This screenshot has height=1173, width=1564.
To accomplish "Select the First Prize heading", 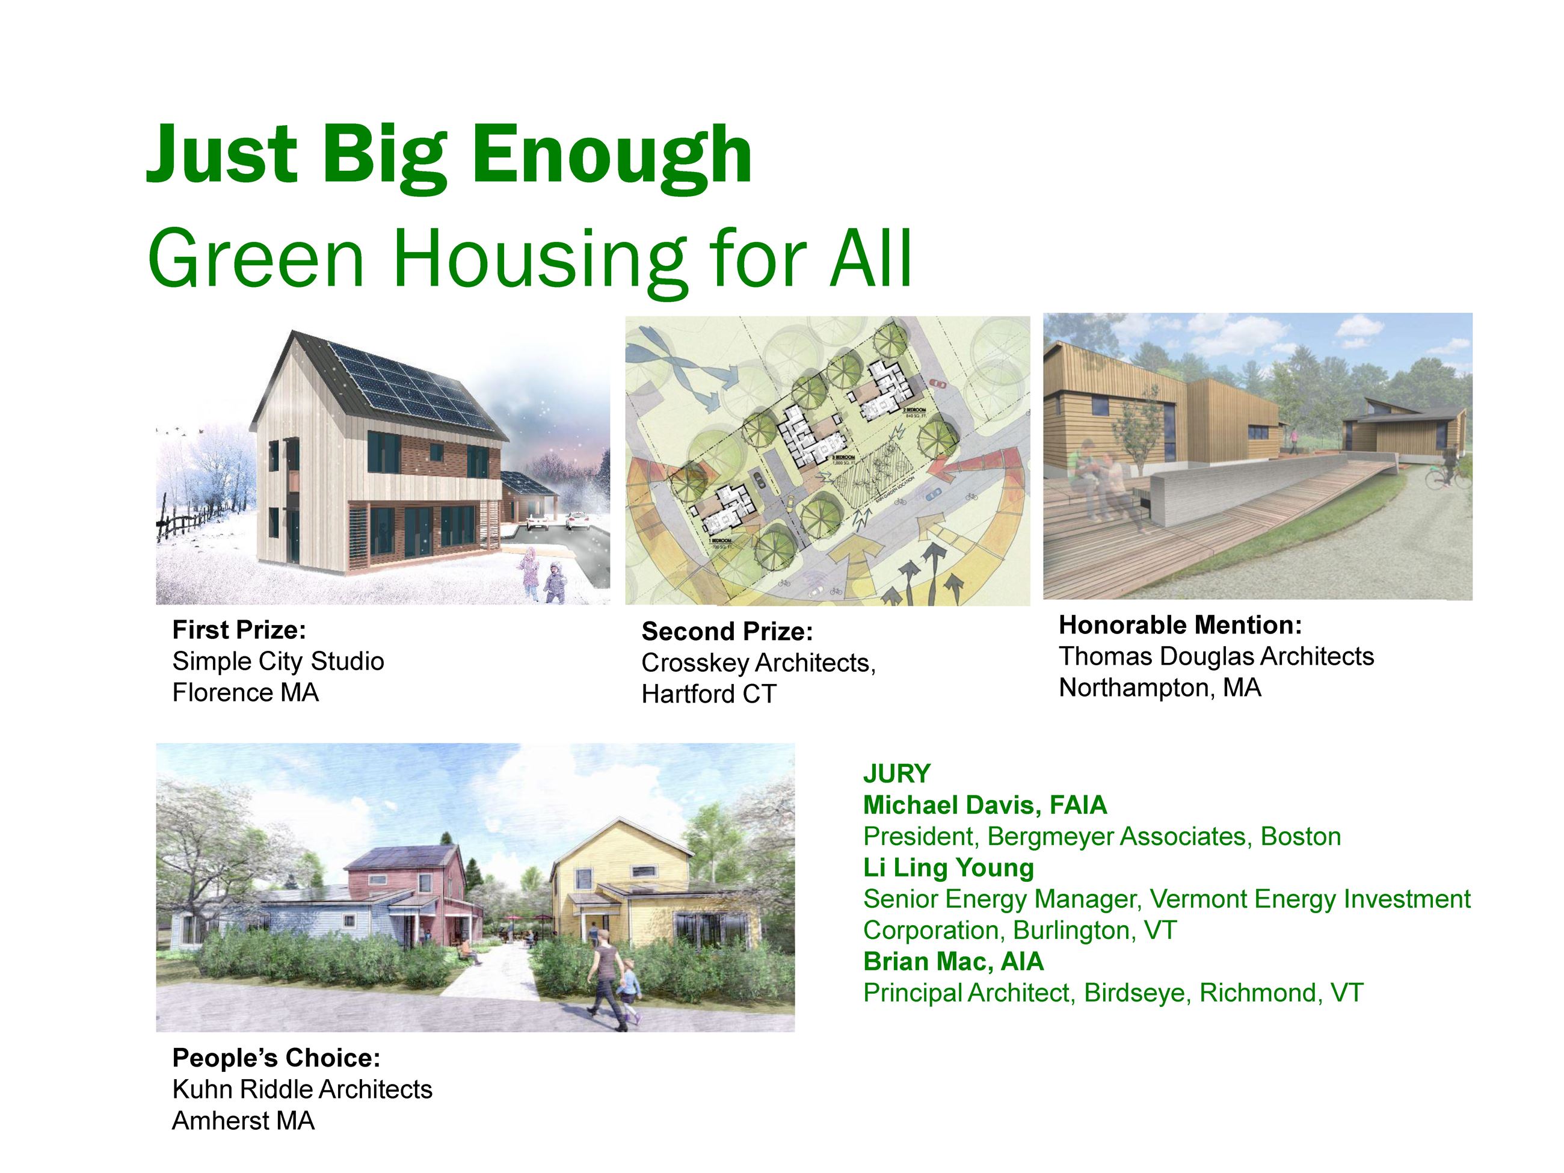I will (239, 629).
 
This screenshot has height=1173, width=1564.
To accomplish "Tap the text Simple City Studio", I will (278, 661).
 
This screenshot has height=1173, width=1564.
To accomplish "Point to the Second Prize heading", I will (727, 632).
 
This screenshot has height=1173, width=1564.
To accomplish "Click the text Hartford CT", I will (709, 694).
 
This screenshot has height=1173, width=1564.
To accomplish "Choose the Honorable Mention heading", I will (1180, 625).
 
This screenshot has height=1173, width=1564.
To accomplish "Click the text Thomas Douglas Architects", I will (1216, 657).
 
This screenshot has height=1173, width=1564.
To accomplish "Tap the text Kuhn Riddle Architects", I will (302, 1089).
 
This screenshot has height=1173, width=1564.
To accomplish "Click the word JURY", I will (896, 774).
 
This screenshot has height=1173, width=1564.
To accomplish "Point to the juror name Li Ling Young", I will (948, 867).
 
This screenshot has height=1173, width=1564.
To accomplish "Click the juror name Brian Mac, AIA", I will (953, 962).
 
